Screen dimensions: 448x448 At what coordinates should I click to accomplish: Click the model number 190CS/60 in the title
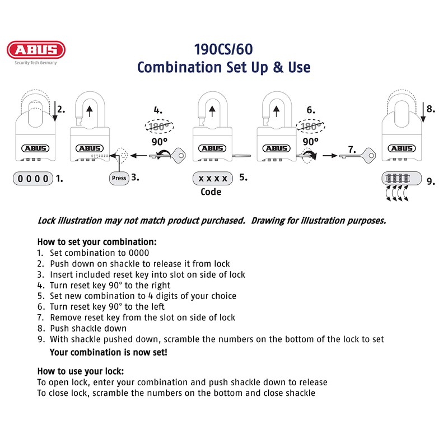[223, 48]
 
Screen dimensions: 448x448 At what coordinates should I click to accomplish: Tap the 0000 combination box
[33, 179]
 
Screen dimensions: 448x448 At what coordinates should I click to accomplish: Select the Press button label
[119, 179]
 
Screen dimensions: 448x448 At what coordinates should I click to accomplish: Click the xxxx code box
[213, 179]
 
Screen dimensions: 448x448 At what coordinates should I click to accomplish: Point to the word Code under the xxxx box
[211, 192]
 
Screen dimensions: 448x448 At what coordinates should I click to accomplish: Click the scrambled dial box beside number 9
[400, 179]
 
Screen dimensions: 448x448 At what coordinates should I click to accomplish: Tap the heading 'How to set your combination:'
[96, 242]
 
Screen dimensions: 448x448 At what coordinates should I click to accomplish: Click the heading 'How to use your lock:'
[80, 371]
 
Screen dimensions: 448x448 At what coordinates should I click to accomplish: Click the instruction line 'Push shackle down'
[88, 328]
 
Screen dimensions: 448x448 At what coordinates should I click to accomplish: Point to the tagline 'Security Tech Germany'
[36, 63]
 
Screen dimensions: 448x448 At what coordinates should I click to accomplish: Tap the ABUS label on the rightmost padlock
[401, 148]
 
